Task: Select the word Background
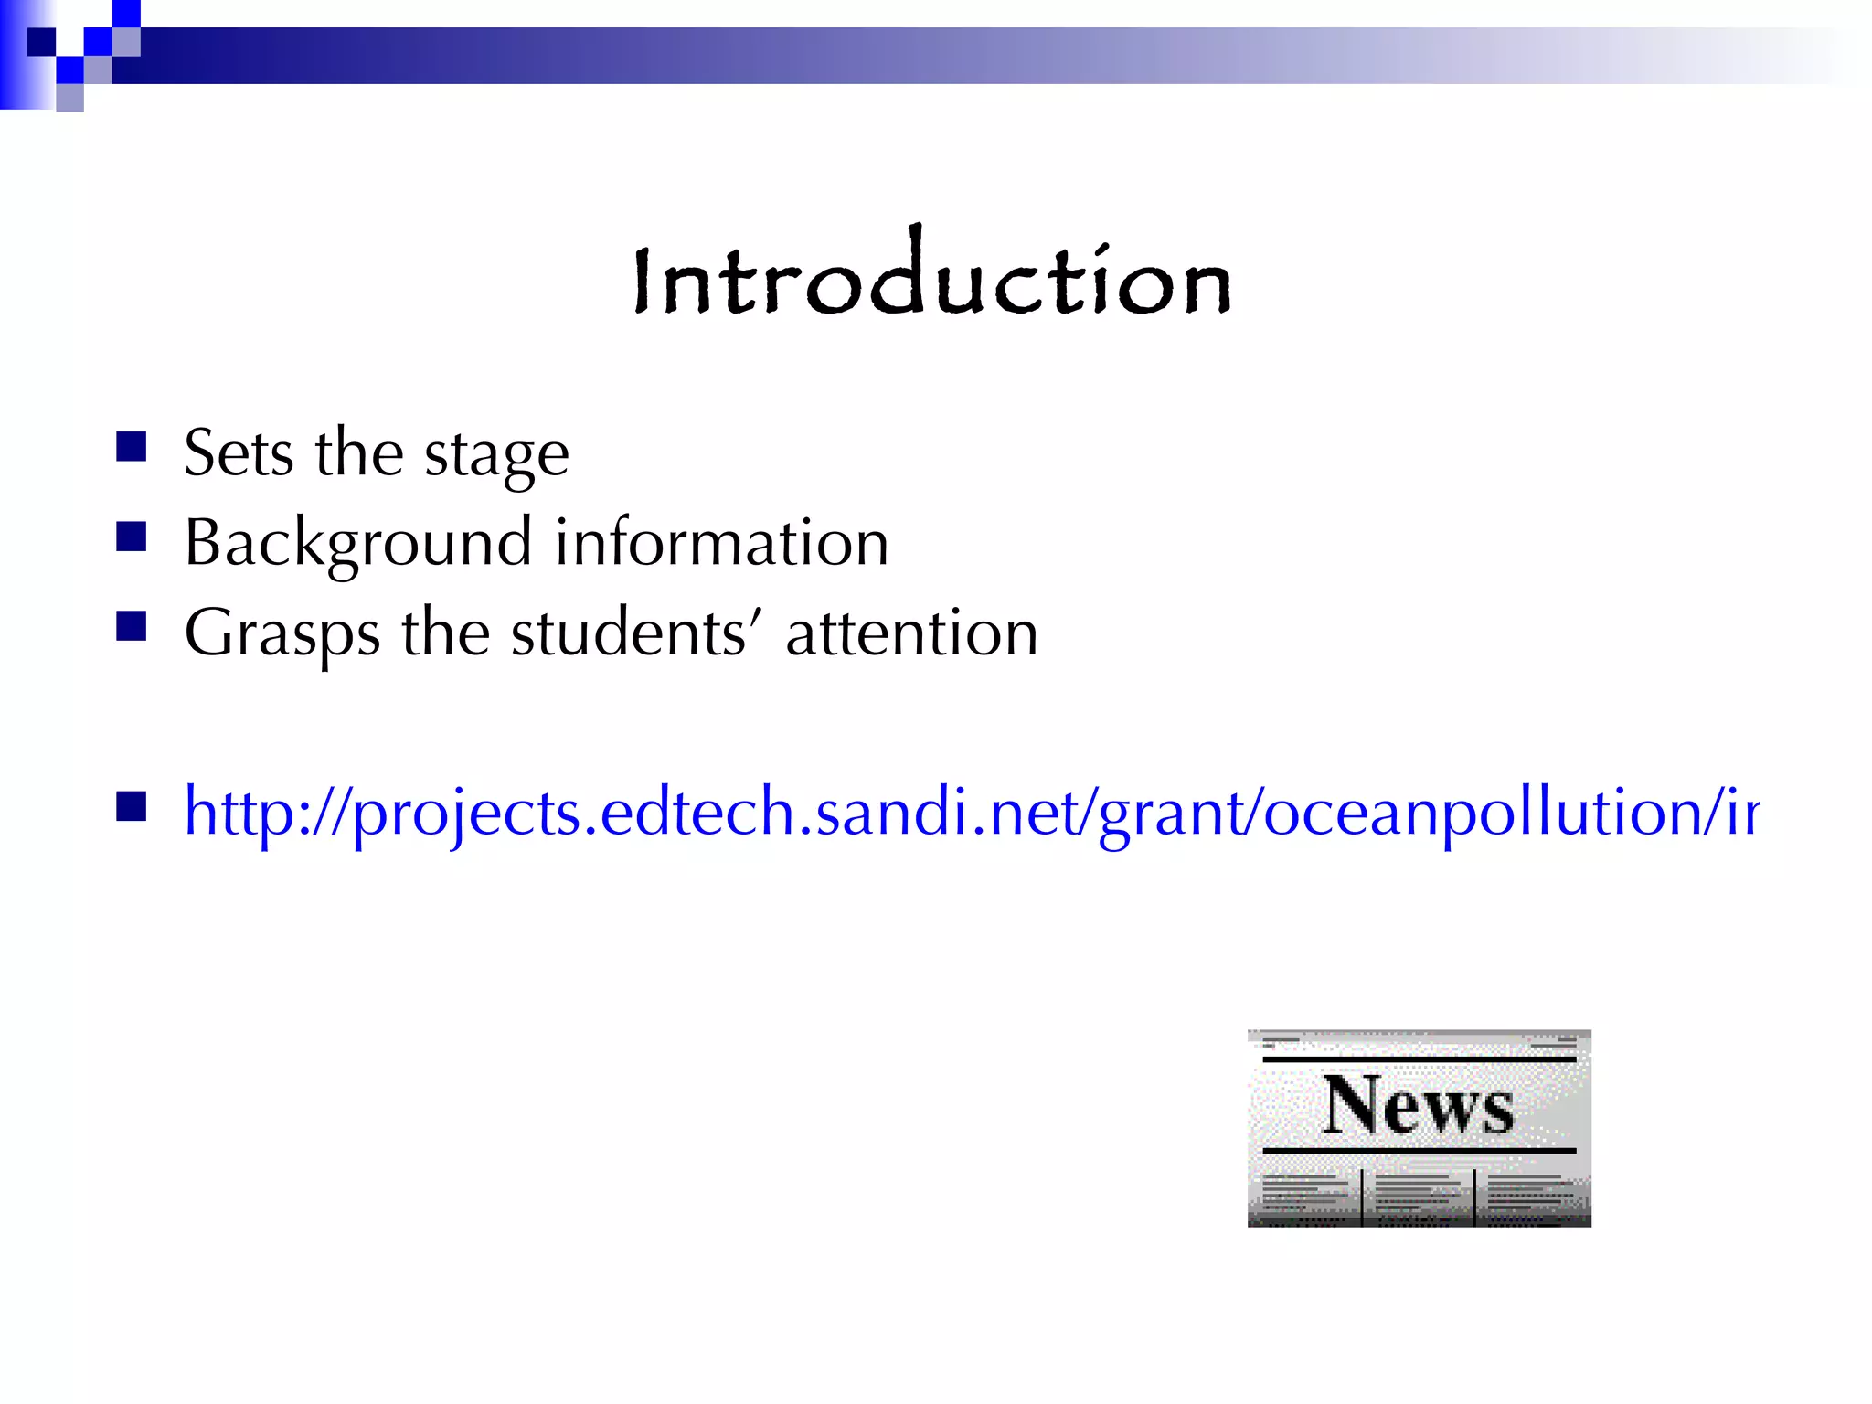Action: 357,543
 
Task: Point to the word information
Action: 721,542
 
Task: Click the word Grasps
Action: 282,633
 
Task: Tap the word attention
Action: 911,633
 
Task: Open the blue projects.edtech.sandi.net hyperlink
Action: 969,812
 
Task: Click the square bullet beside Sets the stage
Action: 132,447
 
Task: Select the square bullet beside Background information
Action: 132,537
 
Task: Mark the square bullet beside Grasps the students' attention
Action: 132,627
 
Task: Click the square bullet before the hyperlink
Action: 132,806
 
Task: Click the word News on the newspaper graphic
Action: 1418,1105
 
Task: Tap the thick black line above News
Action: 1419,1059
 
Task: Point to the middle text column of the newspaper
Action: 1418,1193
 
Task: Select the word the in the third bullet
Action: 445,633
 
